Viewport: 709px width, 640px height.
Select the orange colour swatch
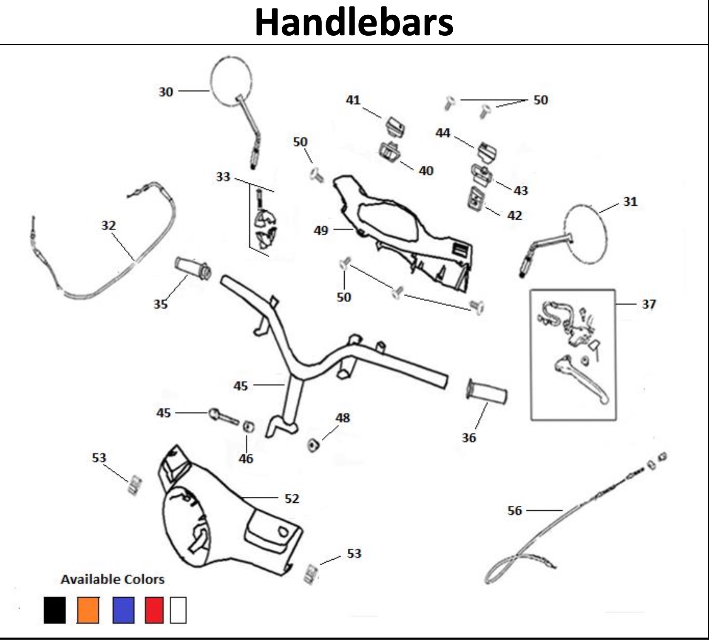(88, 610)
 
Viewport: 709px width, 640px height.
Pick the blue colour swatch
(123, 610)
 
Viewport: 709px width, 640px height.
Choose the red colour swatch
(154, 610)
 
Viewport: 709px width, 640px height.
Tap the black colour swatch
(54, 610)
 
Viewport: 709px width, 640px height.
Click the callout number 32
(108, 225)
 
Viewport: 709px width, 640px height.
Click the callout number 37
(649, 304)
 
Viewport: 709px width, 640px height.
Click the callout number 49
(321, 230)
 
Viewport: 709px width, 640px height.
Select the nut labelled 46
(248, 426)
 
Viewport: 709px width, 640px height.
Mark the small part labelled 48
(314, 445)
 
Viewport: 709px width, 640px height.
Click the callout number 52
(292, 498)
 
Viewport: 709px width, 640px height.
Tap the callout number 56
(514, 510)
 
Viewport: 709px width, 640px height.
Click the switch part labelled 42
(475, 198)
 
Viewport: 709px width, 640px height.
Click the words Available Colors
(112, 579)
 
